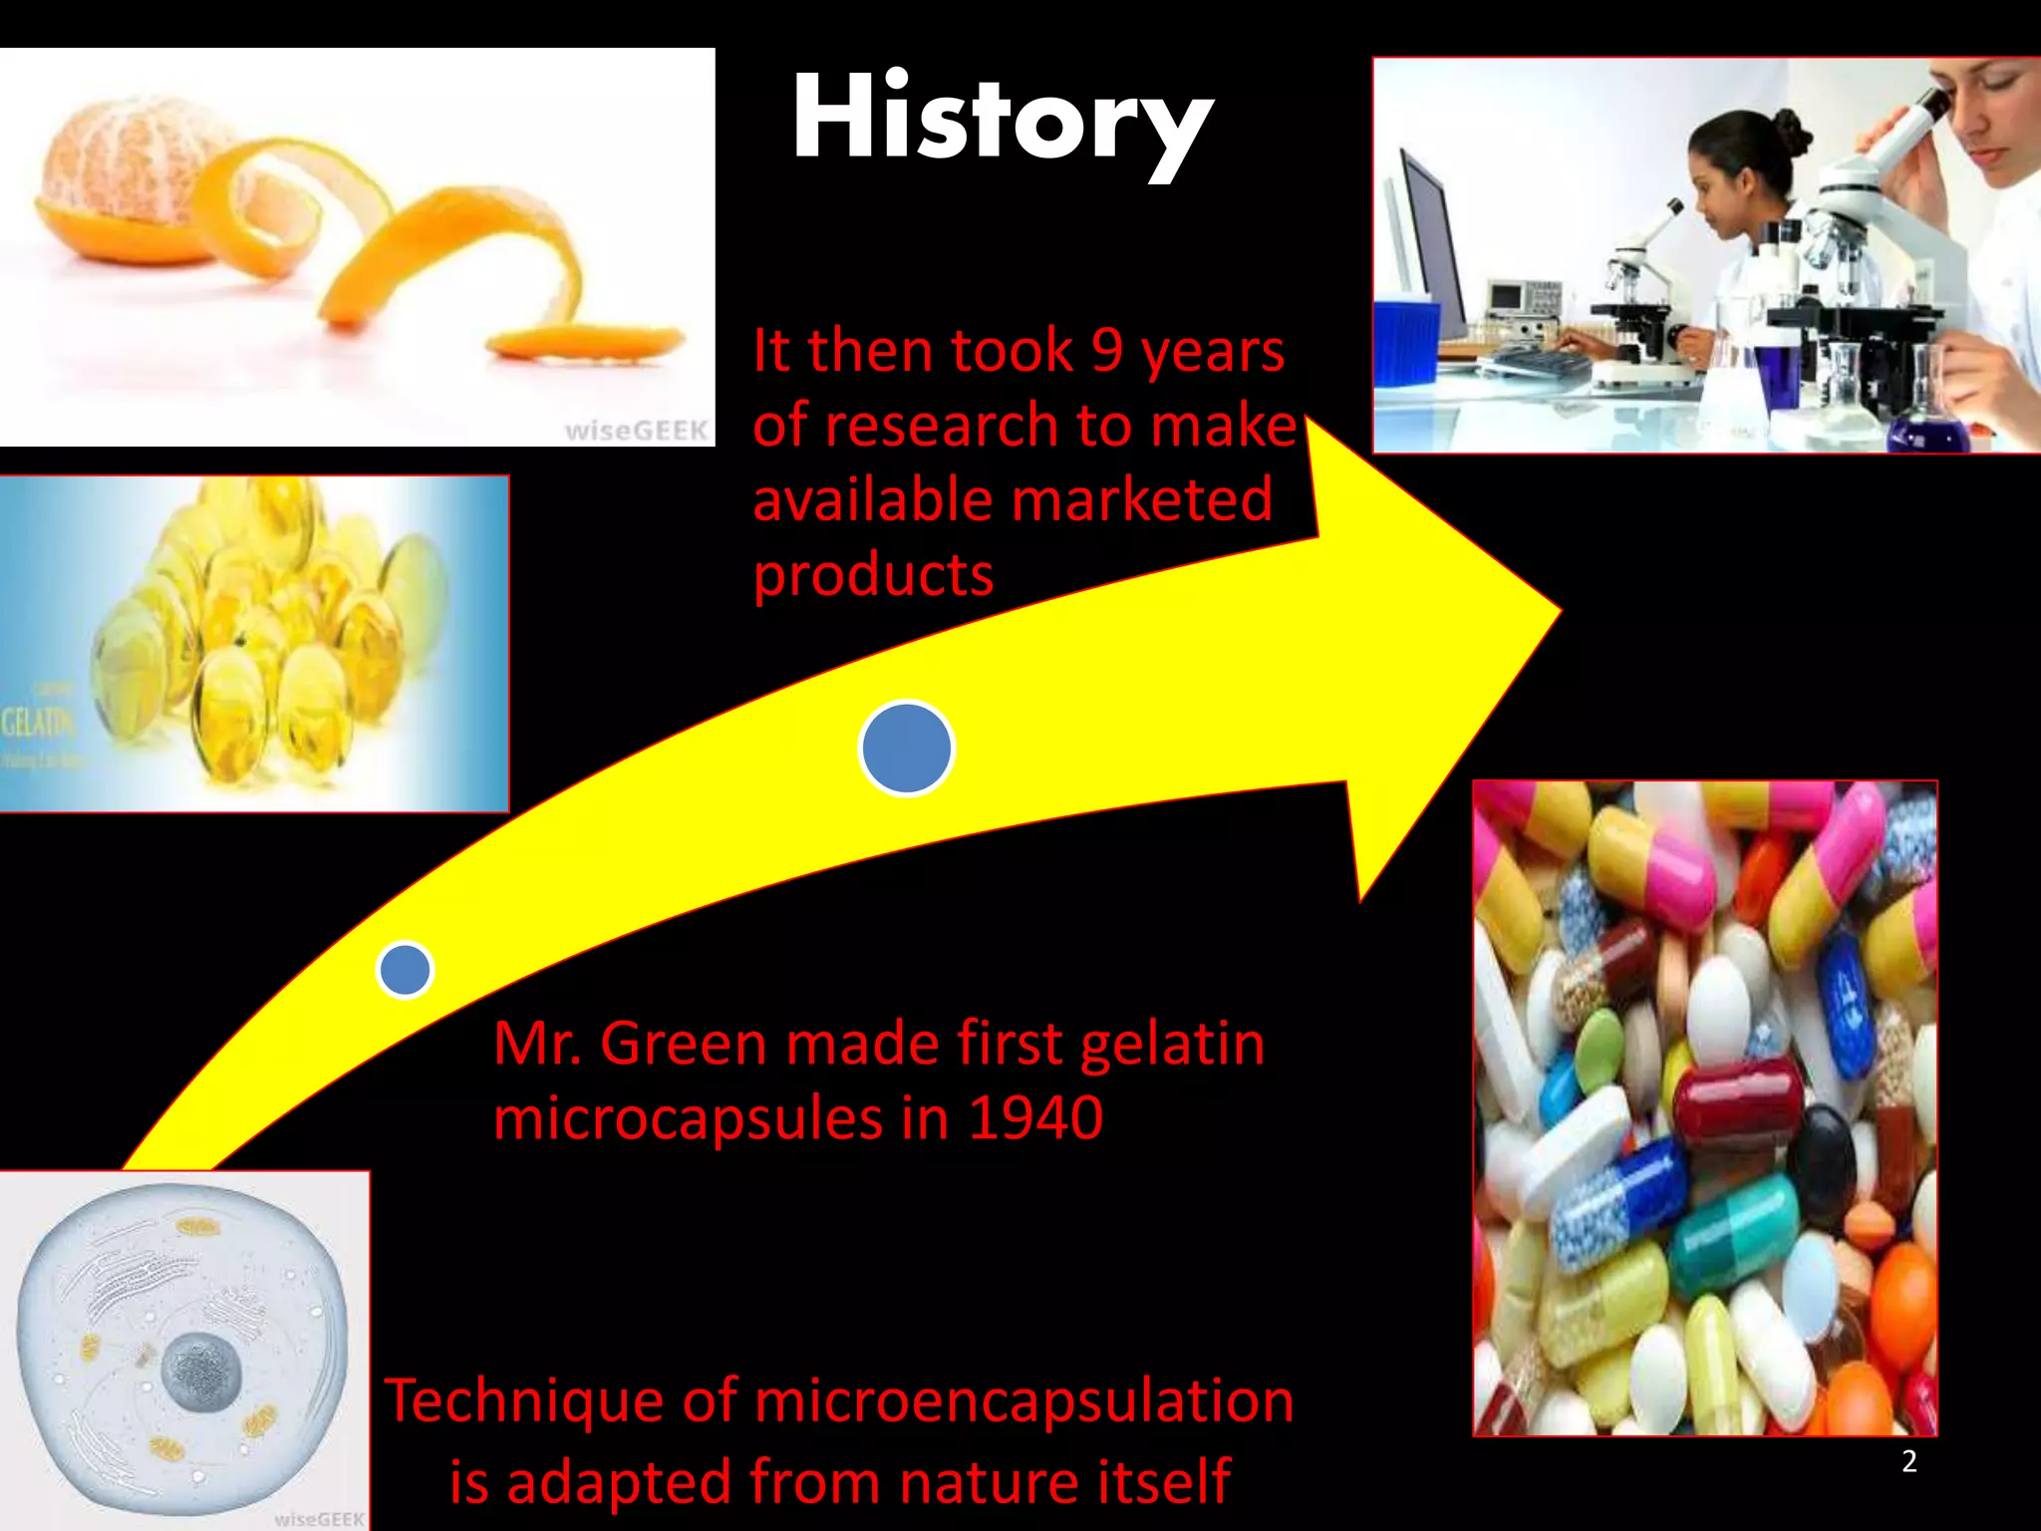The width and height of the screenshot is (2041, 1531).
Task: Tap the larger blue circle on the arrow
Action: (x=906, y=748)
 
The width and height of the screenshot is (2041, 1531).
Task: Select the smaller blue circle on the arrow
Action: (x=405, y=969)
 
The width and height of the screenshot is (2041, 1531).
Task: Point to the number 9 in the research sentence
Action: (x=1106, y=351)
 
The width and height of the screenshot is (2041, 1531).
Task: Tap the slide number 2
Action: (x=1908, y=1461)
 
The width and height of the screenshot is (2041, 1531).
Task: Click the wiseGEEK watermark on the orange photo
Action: (x=636, y=431)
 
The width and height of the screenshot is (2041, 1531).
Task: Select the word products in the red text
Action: (x=873, y=575)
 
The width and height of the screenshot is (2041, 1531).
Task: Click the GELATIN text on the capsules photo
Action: (x=36, y=721)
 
